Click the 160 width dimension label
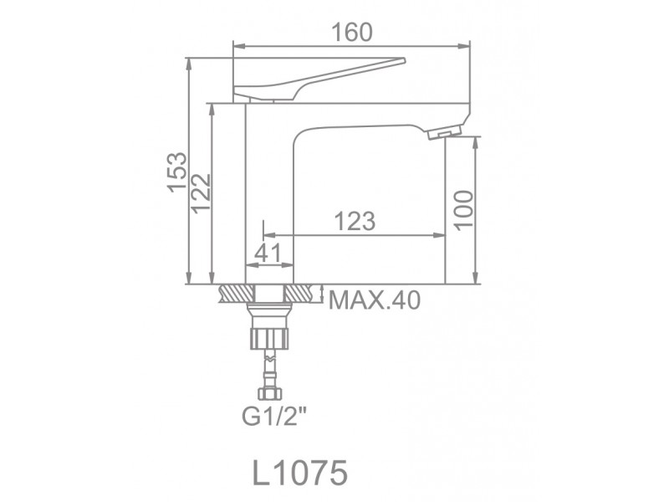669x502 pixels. (352, 33)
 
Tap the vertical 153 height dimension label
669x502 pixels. (177, 172)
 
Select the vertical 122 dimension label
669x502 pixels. (201, 193)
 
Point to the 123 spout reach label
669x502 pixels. (355, 221)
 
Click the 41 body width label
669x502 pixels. (268, 253)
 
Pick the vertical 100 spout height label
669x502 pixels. (463, 211)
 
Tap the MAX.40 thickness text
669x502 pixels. (375, 300)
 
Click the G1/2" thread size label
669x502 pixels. (274, 416)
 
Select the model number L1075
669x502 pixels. (300, 473)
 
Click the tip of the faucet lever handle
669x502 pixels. (403, 60)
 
